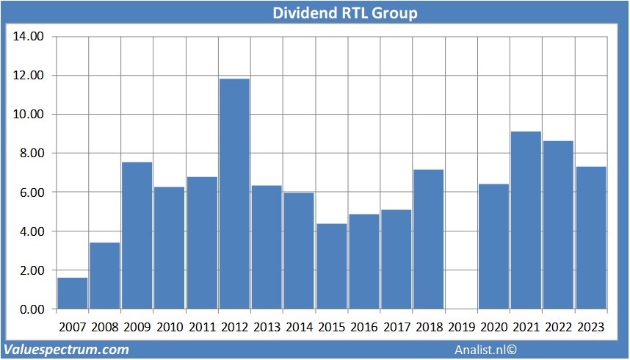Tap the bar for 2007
(x=72, y=293)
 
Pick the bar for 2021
(x=526, y=220)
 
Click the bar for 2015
(x=331, y=266)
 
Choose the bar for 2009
(x=137, y=235)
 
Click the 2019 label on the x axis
(x=460, y=327)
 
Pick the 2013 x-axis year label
(x=267, y=327)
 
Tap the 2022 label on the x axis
(x=558, y=327)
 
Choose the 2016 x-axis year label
(x=363, y=327)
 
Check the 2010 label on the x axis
(x=169, y=327)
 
